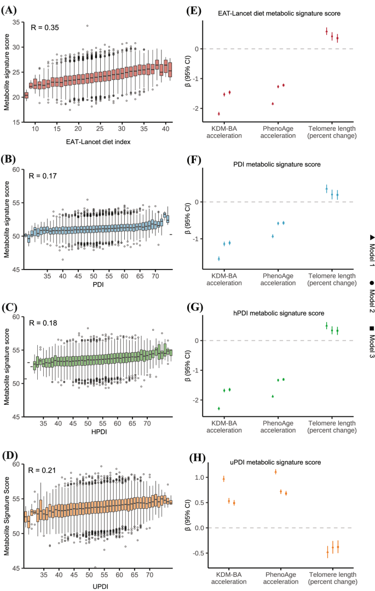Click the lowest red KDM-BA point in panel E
pos(219,113)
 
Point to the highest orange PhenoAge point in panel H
pos(275,472)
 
